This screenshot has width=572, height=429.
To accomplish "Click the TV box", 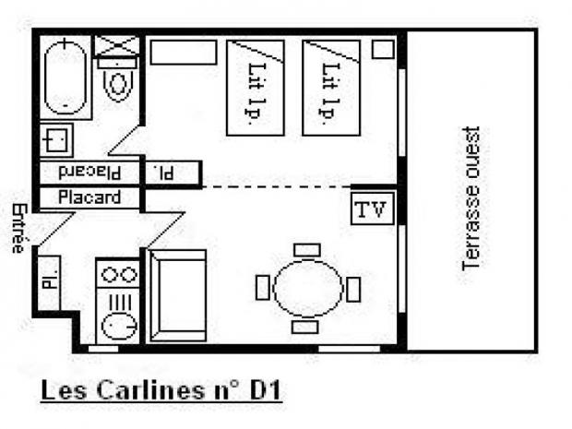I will [x=371, y=209].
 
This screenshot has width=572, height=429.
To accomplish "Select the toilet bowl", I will [x=117, y=82].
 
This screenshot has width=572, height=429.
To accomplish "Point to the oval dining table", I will [x=307, y=288].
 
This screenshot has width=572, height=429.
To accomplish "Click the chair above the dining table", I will [x=306, y=250].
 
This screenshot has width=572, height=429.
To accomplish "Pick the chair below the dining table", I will [x=305, y=328].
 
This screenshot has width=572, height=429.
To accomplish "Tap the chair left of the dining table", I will [x=263, y=288].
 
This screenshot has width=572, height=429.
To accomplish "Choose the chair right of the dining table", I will [x=352, y=289].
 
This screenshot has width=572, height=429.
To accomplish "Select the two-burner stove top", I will [x=117, y=274].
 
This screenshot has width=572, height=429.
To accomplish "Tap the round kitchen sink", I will [x=117, y=326].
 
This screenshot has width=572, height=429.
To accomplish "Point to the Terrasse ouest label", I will [x=471, y=198].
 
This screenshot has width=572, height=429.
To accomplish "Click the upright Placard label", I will [x=89, y=197].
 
